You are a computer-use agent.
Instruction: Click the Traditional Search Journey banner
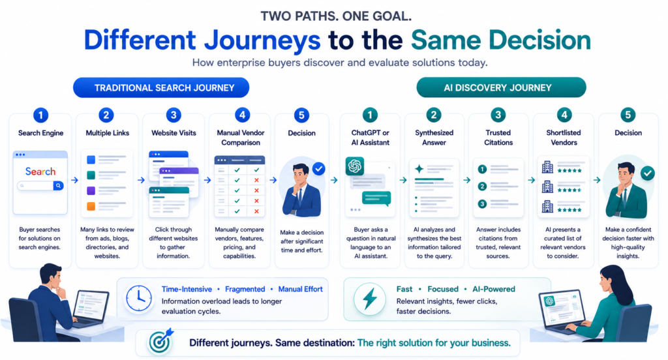click(161, 88)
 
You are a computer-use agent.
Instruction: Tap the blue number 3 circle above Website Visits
click(174, 115)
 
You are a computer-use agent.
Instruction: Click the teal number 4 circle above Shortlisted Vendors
click(564, 115)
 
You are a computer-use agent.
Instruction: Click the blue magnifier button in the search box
click(58, 186)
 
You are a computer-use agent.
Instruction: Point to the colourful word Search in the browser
click(40, 172)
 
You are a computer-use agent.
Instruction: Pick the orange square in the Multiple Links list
click(91, 206)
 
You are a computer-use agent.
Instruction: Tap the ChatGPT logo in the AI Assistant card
click(354, 166)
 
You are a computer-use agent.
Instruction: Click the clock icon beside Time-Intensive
click(139, 298)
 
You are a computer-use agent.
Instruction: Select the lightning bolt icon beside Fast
click(370, 299)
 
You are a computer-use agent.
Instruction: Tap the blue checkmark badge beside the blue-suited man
click(318, 169)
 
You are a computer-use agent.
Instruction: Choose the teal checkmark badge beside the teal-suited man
click(648, 173)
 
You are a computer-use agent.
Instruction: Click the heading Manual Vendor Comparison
click(241, 138)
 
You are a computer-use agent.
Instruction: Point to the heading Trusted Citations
click(498, 138)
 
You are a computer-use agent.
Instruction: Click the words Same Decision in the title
click(501, 40)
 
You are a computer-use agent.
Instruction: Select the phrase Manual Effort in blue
click(300, 289)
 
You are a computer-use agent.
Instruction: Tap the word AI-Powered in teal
click(494, 289)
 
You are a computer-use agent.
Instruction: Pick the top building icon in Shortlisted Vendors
click(547, 167)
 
